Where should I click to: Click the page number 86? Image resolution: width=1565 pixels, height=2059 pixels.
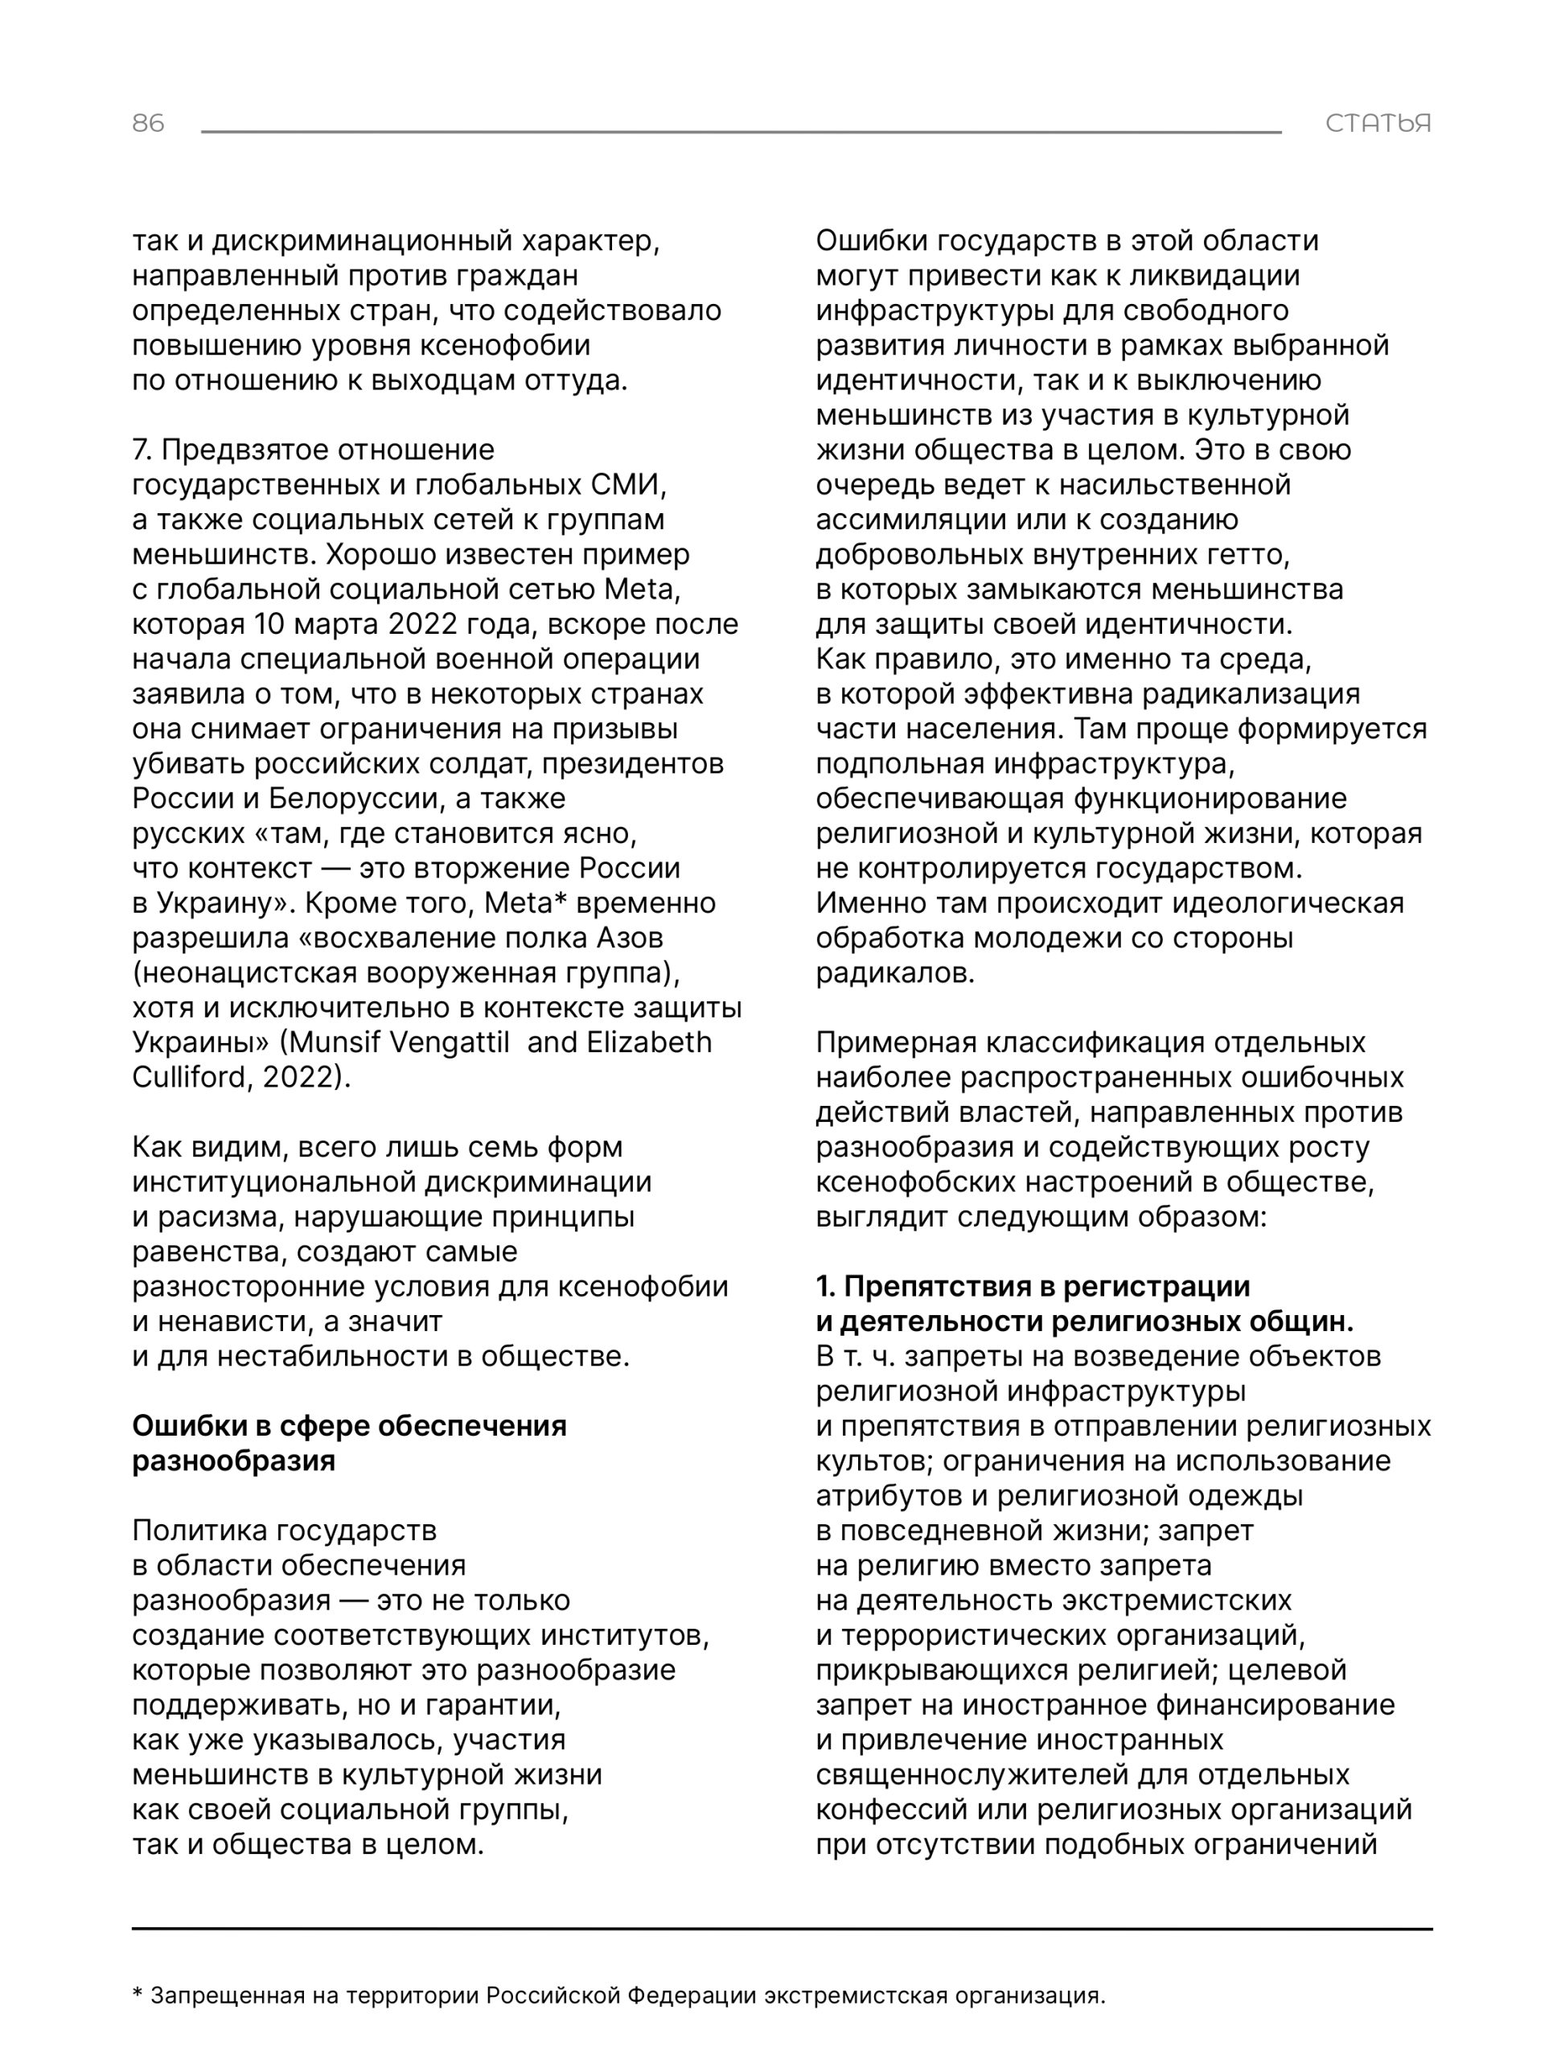(x=148, y=123)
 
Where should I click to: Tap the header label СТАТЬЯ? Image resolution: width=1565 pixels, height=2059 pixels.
(x=1378, y=123)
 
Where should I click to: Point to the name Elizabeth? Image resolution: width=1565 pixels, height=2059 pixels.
(x=648, y=1042)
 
